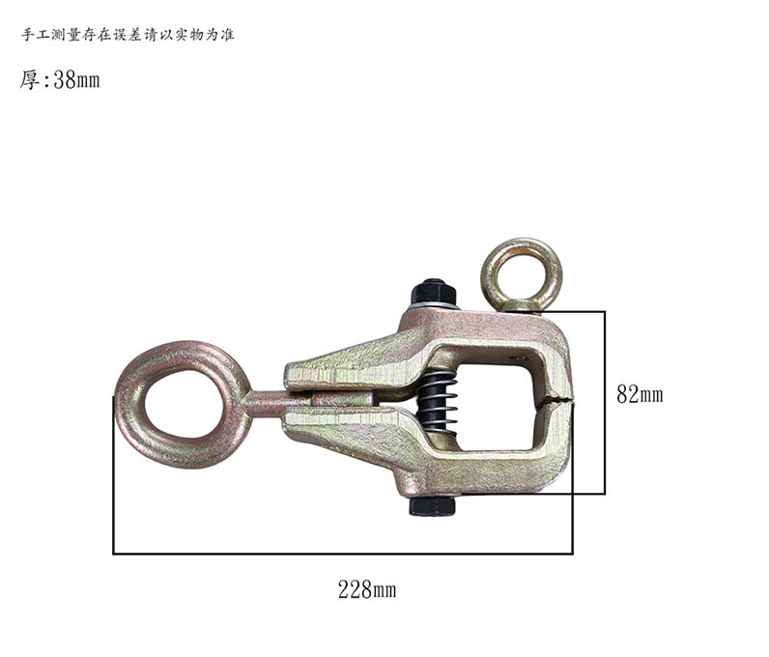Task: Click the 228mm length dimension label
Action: [x=367, y=589]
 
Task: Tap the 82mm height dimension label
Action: [x=640, y=394]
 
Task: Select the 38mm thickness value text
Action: [x=76, y=79]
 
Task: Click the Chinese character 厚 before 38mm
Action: [x=29, y=79]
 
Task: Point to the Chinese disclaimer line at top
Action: [x=128, y=35]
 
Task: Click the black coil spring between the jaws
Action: [x=437, y=402]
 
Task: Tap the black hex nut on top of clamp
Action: [x=433, y=293]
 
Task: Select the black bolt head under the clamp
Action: [x=432, y=506]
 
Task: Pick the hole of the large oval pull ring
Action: [x=184, y=404]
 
